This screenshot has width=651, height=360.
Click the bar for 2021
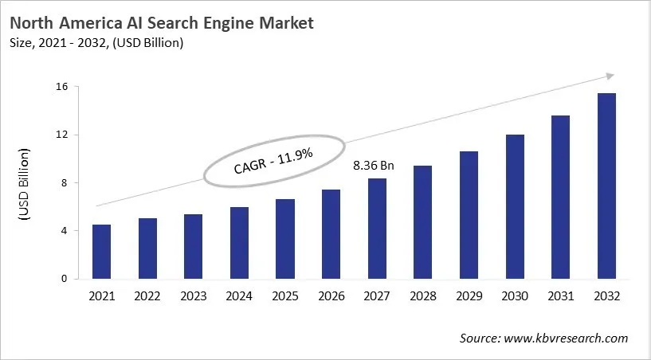[102, 252]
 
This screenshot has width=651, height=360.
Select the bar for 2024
[239, 243]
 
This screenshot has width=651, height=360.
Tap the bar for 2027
[377, 229]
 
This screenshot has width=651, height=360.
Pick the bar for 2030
[515, 207]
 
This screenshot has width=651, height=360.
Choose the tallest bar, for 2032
[606, 186]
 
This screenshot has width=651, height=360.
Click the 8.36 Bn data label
[374, 167]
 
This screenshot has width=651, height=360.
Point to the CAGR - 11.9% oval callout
[274, 162]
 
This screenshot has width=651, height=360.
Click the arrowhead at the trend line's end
[610, 76]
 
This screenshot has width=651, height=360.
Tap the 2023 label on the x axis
[194, 296]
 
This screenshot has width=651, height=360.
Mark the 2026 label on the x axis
[331, 296]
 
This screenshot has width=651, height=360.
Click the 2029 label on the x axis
[469, 296]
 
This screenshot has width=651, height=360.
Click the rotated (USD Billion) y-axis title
[25, 183]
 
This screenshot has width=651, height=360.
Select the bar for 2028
[423, 222]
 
